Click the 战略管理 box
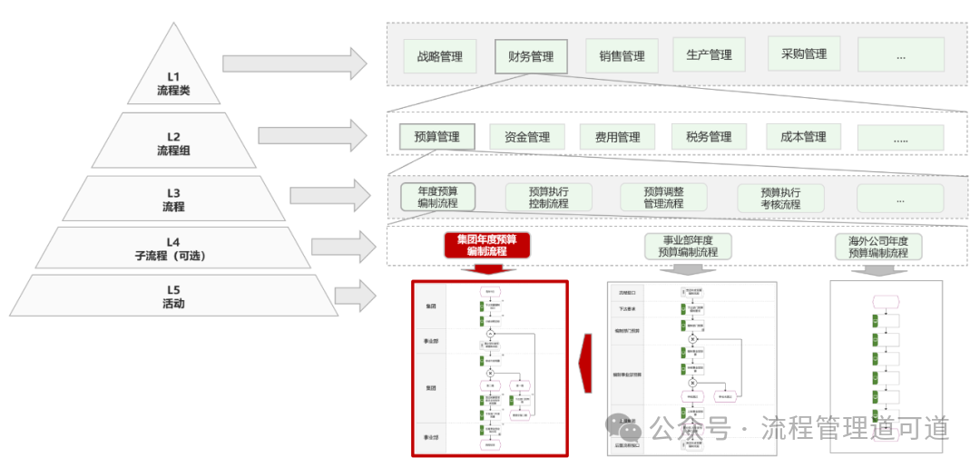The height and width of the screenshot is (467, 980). pyautogui.click(x=439, y=56)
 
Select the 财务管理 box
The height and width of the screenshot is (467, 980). pyautogui.click(x=531, y=56)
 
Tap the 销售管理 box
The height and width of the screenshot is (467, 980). pyautogui.click(x=622, y=56)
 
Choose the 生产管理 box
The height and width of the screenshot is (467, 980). pyautogui.click(x=709, y=55)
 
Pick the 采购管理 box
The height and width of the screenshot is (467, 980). pyautogui.click(x=803, y=54)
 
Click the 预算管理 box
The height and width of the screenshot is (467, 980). pyautogui.click(x=436, y=138)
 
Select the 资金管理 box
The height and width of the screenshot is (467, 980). pyautogui.click(x=526, y=138)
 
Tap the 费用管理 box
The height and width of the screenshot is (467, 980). pyautogui.click(x=617, y=138)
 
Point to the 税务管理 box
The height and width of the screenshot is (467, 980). pyautogui.click(x=709, y=137)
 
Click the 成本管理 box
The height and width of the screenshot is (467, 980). pyautogui.click(x=803, y=137)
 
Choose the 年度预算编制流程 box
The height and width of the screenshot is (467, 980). pyautogui.click(x=437, y=198)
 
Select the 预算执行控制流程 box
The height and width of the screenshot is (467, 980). pyautogui.click(x=548, y=198)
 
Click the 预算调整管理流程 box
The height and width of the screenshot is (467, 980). pyautogui.click(x=662, y=198)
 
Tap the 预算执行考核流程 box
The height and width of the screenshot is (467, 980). pyautogui.click(x=780, y=198)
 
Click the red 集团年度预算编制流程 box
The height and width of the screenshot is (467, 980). pyautogui.click(x=486, y=245)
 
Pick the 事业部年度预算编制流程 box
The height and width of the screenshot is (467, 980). pyautogui.click(x=688, y=246)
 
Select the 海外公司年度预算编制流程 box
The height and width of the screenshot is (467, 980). pyautogui.click(x=877, y=247)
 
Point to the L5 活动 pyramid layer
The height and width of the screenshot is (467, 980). pyautogui.click(x=173, y=297)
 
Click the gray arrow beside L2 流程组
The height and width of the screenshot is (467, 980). pyautogui.click(x=311, y=136)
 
